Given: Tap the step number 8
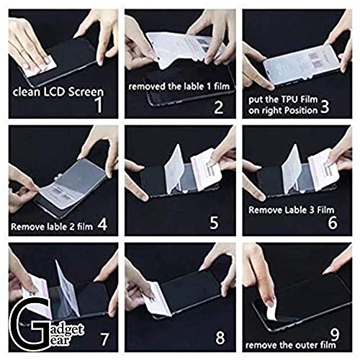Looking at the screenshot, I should (220, 336).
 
